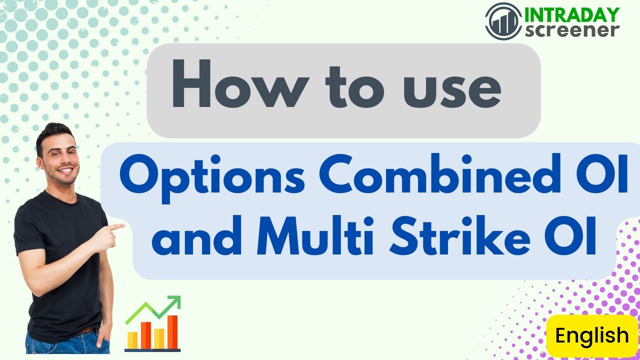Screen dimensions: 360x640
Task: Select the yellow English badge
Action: point(592,335)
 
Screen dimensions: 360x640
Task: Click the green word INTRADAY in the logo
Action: point(571,14)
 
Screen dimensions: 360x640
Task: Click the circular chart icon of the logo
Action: point(503,20)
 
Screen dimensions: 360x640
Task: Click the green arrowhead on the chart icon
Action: point(174,302)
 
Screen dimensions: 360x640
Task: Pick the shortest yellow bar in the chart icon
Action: point(132,339)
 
